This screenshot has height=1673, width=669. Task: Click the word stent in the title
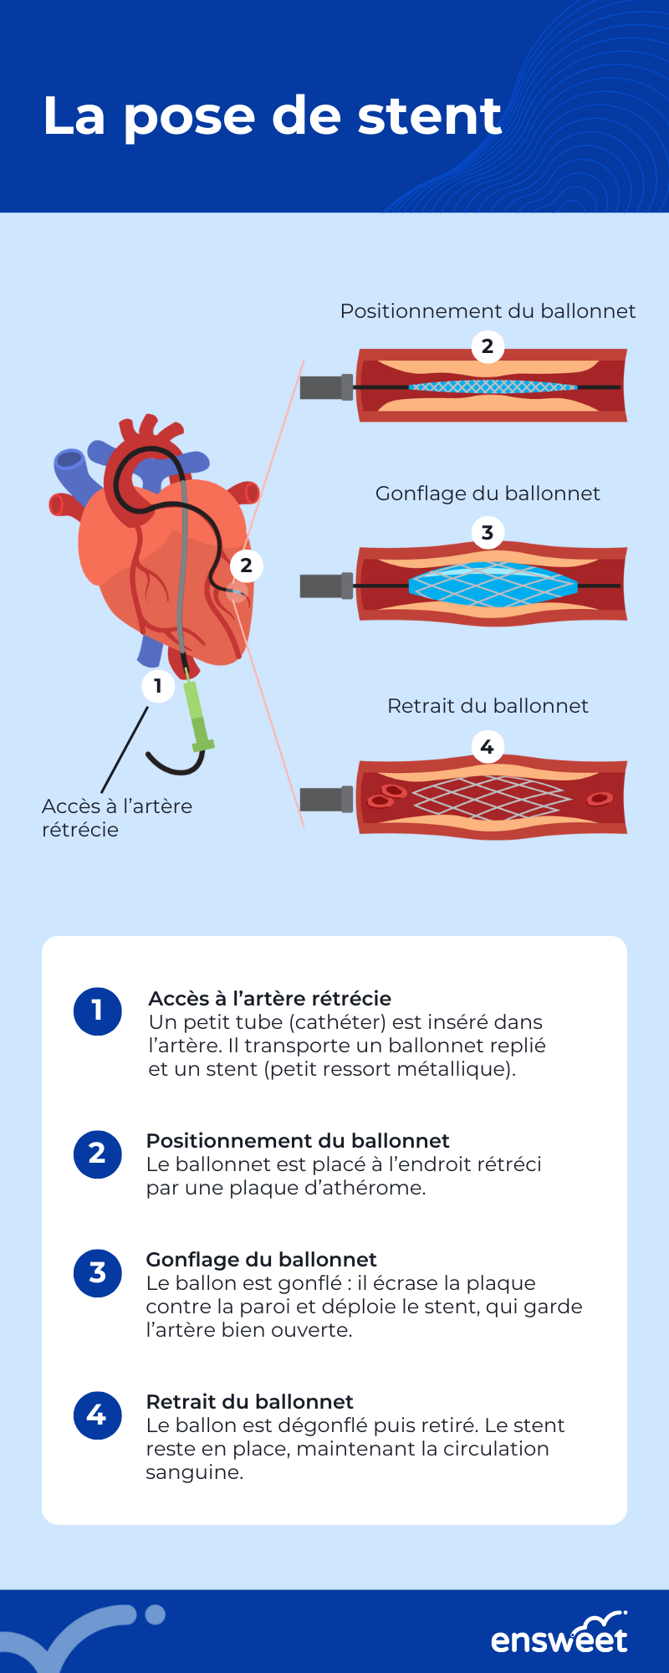[x=430, y=116]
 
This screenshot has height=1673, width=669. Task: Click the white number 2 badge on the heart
[x=246, y=565]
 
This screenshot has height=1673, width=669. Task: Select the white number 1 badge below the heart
[x=157, y=686]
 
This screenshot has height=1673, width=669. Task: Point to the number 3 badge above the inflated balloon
[x=488, y=533]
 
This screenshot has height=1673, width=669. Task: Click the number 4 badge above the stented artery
[x=488, y=746]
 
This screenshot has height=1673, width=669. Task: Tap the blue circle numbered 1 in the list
[x=98, y=1010]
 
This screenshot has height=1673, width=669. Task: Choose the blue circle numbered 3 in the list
[x=98, y=1272]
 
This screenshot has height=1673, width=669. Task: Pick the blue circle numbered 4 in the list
[x=98, y=1415]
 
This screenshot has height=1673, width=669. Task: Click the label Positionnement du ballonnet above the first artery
[x=488, y=312]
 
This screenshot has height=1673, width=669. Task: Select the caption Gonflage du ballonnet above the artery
[x=488, y=494]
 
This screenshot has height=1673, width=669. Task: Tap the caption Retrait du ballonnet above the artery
[x=488, y=706]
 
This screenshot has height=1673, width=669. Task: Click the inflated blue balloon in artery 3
[x=493, y=584]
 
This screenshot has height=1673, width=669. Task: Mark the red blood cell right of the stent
[x=600, y=799]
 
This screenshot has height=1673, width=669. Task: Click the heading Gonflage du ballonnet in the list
[x=261, y=1260]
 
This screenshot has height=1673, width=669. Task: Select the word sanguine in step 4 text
[x=194, y=1473]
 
